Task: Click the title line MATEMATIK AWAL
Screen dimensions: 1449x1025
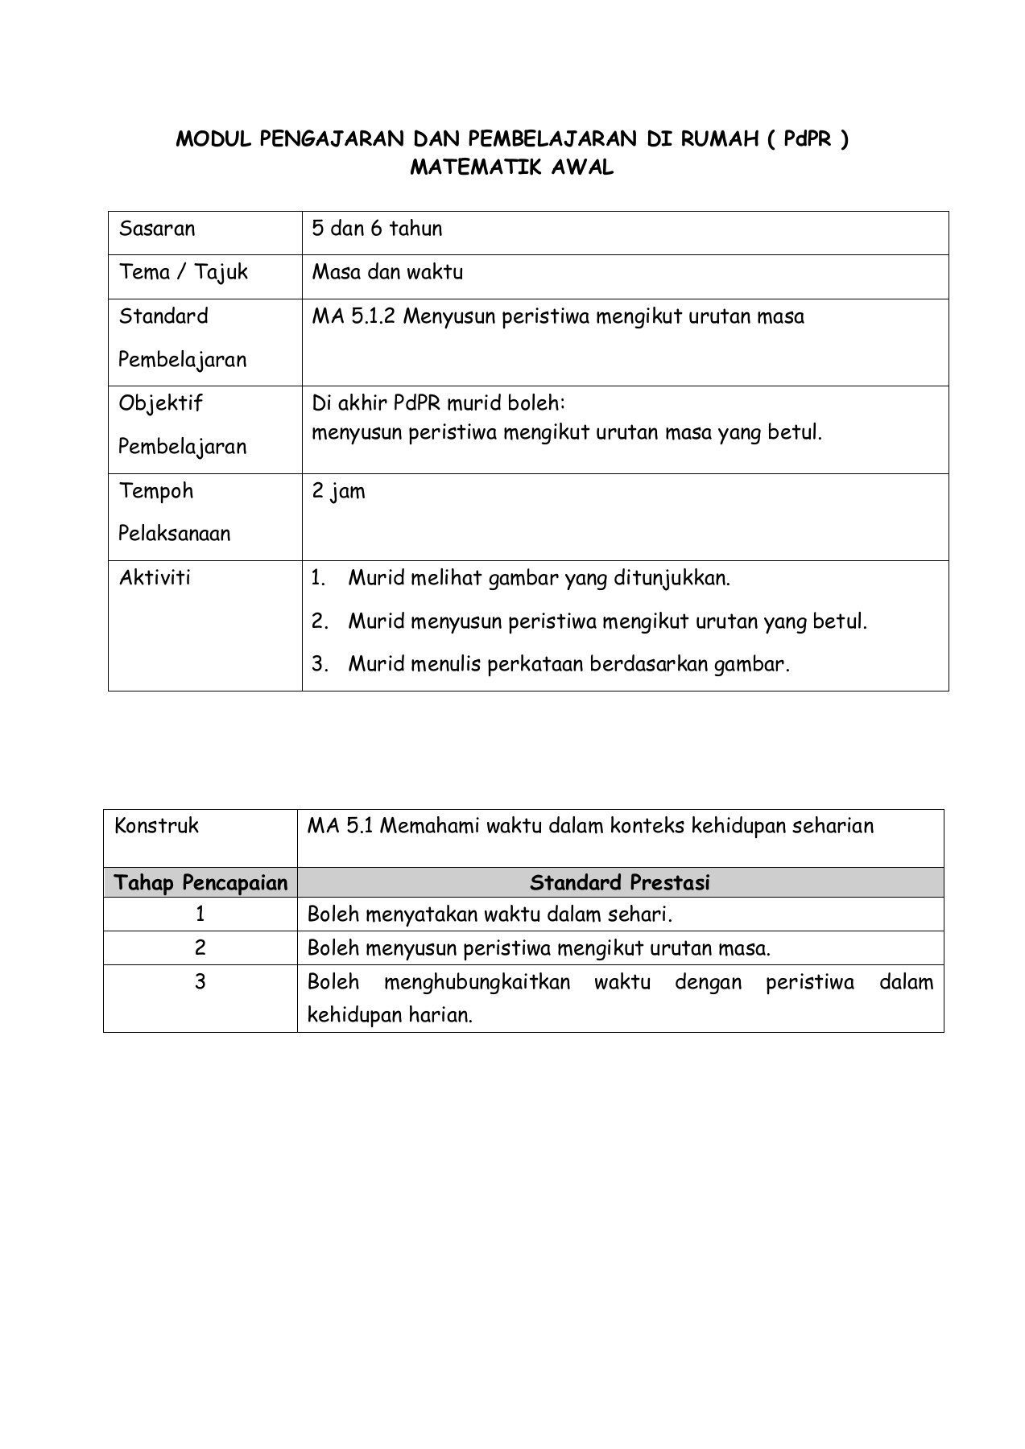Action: pos(512,168)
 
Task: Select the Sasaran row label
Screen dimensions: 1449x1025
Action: pos(157,229)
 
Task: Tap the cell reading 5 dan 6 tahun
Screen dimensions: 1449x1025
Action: pos(377,229)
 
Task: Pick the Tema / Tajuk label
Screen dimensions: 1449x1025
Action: pos(184,272)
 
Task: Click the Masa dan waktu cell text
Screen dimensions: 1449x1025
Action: pos(387,272)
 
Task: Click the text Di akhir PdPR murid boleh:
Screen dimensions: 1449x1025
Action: pos(439,402)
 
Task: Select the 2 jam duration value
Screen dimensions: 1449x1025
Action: pos(338,490)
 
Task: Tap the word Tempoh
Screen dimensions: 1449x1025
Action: pos(156,490)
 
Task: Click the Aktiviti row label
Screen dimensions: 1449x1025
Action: pos(155,577)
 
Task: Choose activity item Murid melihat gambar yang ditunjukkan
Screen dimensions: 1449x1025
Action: pos(539,578)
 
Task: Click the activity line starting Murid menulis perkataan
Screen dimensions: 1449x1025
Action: pos(568,664)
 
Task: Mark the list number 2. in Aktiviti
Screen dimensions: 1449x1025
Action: pos(320,621)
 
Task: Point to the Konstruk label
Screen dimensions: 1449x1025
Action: pos(156,826)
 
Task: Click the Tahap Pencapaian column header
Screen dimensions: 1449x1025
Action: pos(200,883)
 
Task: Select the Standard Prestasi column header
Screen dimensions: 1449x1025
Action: pos(620,883)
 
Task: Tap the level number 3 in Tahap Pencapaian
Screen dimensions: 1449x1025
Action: pos(200,982)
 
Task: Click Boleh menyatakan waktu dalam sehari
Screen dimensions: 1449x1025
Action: pos(490,914)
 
